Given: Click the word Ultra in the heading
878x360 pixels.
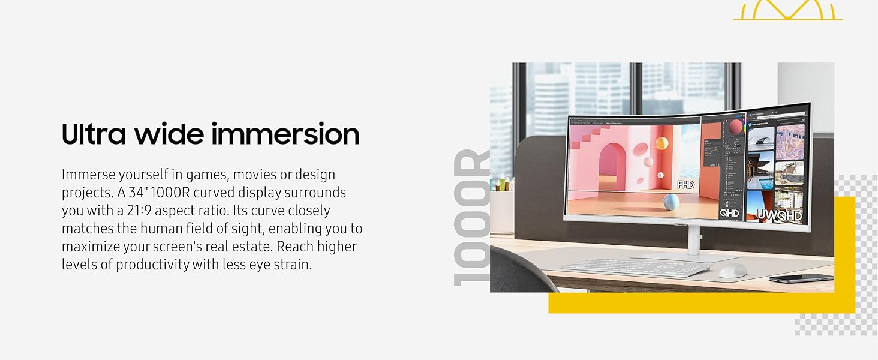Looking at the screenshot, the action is [94, 134].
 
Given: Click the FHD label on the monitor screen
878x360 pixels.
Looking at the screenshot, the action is [685, 185].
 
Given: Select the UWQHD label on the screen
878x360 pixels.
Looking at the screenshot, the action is [779, 215].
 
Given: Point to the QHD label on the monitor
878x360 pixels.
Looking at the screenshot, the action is [729, 213].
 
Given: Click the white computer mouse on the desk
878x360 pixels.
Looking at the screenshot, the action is [732, 270].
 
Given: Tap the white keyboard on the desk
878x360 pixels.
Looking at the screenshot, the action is [635, 268].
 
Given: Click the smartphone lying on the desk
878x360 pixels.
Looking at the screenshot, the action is [801, 278].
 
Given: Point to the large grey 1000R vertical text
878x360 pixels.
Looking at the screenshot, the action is [471, 217].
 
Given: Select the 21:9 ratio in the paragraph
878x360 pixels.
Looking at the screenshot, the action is [139, 211].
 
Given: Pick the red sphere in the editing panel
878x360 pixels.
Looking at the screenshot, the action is [735, 127].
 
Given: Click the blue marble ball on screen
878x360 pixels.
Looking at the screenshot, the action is [670, 202].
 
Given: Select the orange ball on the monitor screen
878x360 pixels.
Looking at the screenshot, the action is [661, 143].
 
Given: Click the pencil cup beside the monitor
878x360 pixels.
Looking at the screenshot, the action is [502, 212].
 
